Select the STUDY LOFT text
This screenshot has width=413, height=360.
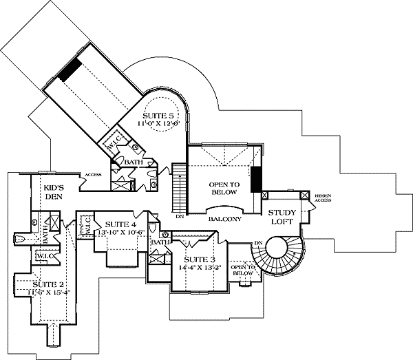[282, 217]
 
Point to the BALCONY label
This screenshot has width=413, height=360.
[224, 219]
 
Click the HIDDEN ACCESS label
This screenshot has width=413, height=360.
[324, 200]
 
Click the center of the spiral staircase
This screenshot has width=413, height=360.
[282, 250]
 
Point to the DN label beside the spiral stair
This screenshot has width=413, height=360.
[259, 242]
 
